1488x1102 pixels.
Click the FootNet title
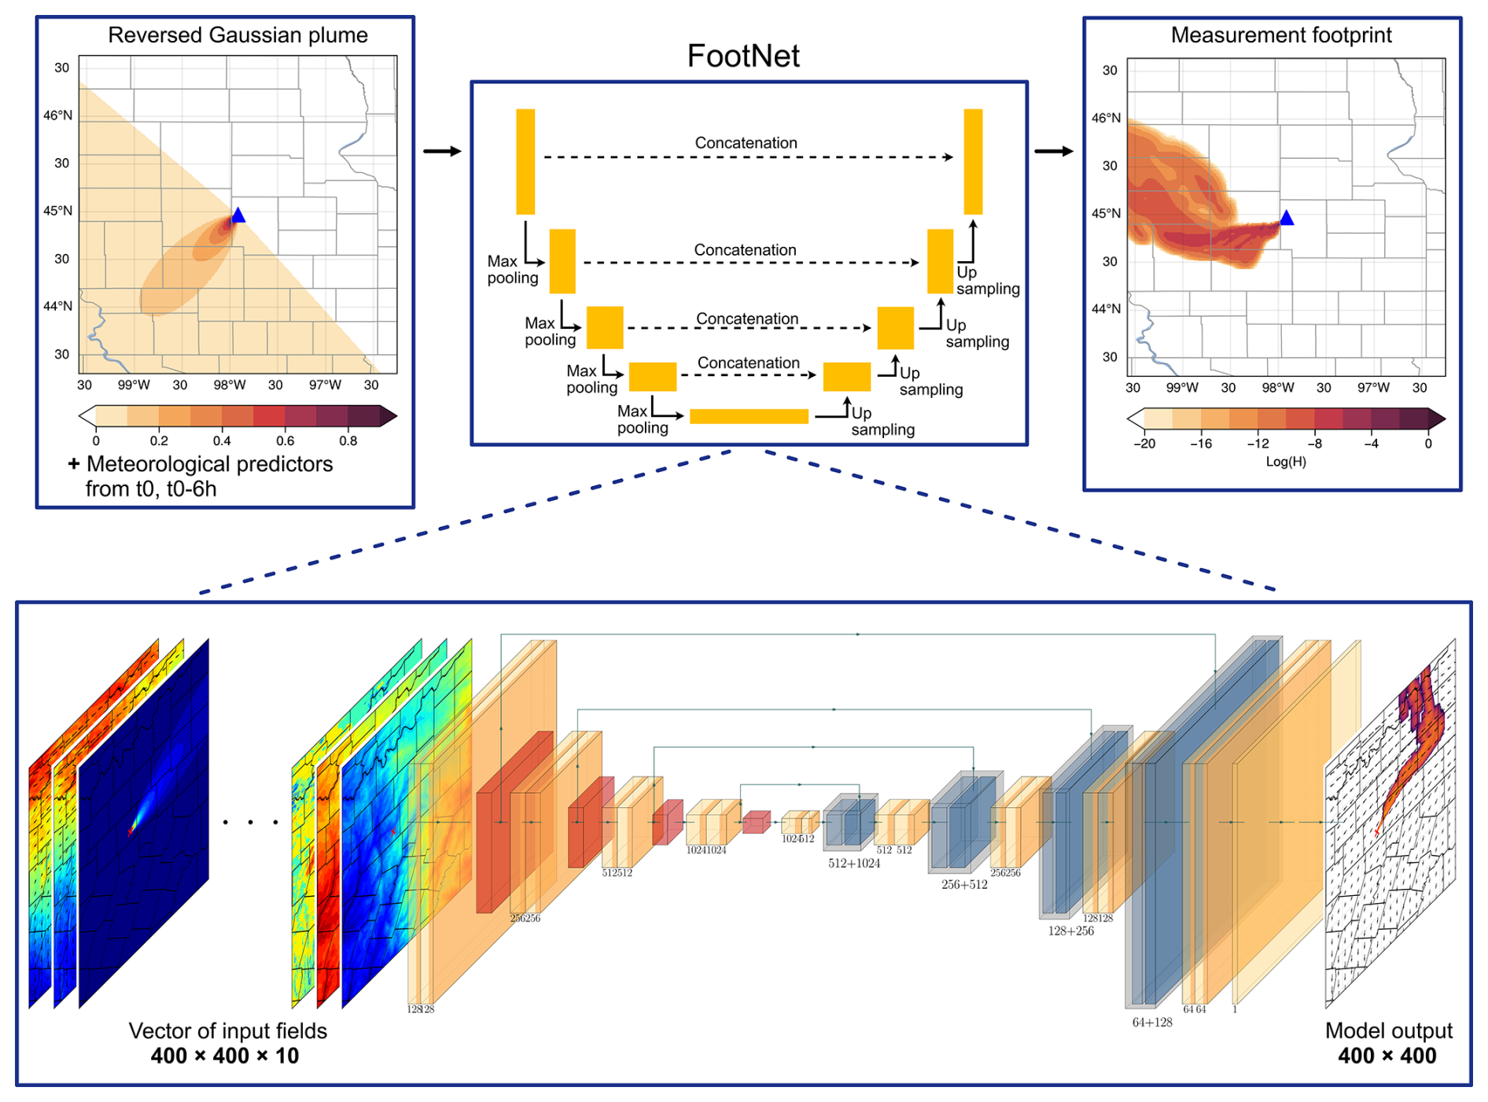point(743,56)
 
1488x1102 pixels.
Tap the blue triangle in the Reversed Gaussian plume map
point(238,216)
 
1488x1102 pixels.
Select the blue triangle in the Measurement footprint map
point(1287,218)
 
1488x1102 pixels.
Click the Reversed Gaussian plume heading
point(238,35)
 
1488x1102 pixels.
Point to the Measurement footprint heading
point(1281,35)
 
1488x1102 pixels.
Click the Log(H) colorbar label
point(1286,462)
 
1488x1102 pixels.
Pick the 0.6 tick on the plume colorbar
point(285,441)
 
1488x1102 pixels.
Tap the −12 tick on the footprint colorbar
point(1258,444)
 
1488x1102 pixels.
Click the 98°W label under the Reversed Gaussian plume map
point(230,385)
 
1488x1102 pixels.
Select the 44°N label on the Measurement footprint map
point(1106,309)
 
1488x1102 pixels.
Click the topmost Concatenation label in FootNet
point(746,143)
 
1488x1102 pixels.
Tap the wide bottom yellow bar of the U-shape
point(749,417)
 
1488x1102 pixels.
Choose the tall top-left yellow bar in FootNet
point(525,161)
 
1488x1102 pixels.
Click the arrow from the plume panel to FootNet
point(442,151)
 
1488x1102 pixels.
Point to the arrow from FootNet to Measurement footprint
point(1054,151)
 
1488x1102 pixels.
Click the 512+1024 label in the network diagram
point(854,864)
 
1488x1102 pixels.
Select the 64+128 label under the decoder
point(1152,1023)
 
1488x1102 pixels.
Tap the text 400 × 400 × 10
point(225,1056)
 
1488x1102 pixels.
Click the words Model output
point(1388,1031)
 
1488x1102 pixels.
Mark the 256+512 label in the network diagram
point(964,885)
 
